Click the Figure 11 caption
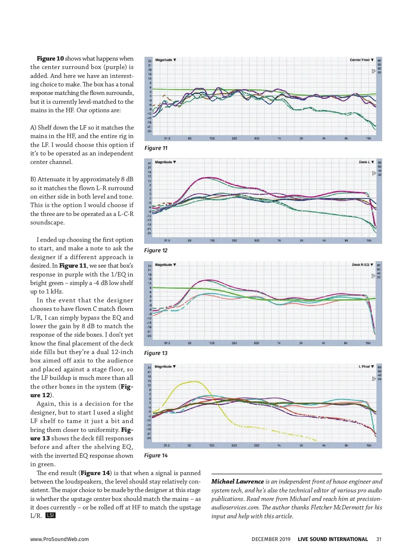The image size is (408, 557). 156,148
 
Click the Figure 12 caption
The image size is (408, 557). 156,250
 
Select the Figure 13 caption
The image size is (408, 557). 156,353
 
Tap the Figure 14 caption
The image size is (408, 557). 156,455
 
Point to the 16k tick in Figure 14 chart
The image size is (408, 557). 369,445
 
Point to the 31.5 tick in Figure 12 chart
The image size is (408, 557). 167,240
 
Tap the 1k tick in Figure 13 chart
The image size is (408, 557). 279,343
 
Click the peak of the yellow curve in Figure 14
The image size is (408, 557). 195,382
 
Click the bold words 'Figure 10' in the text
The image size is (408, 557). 50,58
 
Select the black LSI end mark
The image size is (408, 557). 50,516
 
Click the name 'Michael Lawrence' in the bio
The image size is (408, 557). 237,482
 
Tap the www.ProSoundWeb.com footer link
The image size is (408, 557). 60,539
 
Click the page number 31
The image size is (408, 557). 379,539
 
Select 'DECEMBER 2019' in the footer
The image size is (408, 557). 271,539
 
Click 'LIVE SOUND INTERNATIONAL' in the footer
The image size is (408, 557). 333,539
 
